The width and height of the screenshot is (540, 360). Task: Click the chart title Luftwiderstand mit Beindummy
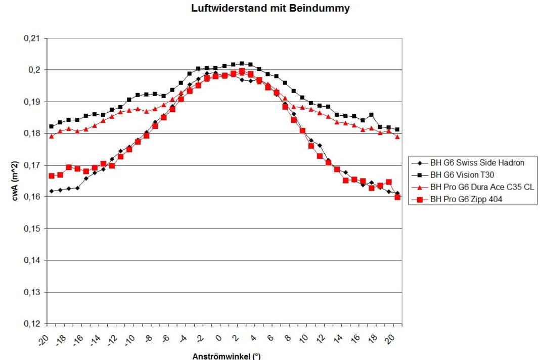point(270,9)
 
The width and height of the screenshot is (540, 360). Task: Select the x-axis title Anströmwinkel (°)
point(226,356)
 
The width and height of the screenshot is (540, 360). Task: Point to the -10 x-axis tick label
point(131,338)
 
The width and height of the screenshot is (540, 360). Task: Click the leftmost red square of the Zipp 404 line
point(51,176)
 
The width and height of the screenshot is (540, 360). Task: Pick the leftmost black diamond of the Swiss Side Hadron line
point(51,191)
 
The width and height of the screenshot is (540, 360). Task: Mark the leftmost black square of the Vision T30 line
point(51,126)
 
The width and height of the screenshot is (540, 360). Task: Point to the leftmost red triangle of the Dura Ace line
point(51,136)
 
